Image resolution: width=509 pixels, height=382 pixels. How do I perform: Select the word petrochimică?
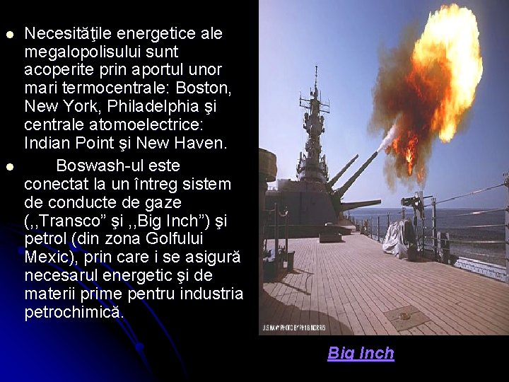coord(74,312)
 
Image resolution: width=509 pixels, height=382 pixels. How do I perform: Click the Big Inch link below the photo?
coord(361,354)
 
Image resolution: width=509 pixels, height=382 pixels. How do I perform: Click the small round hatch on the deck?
coord(407,316)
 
